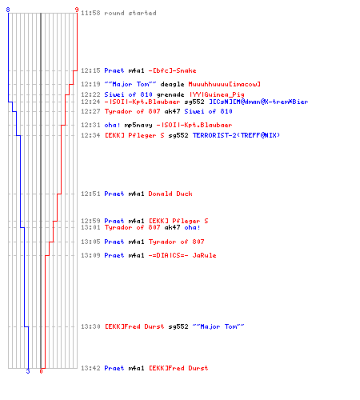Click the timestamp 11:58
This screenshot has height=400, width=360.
coord(90,13)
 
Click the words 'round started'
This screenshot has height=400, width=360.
coord(130,13)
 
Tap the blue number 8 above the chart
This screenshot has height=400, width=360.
coord(8,10)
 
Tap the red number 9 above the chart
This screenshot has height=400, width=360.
coord(77,10)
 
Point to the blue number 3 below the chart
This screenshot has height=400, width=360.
coord(28,371)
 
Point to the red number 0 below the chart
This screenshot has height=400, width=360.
coord(41,371)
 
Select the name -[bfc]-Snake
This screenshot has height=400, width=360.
coord(172,70)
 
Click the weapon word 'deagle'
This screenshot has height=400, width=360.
coord(172,84)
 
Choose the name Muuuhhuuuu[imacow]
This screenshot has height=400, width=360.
coord(224,84)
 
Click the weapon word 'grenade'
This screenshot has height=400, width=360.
coord(170,94)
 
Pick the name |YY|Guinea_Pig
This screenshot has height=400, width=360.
coord(217,94)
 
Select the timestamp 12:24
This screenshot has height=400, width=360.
coord(90,102)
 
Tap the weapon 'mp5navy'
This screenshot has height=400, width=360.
coord(138,125)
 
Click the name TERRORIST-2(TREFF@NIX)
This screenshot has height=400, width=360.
coord(236,135)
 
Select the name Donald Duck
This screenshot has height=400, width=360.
coord(170,194)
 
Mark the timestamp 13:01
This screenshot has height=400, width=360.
coord(90,227)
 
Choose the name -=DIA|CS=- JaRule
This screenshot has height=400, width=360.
coord(182,255)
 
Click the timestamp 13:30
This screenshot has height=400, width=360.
coord(90,326)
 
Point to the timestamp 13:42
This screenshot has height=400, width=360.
coord(90,368)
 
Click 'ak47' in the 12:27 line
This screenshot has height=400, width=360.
coord(172,111)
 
